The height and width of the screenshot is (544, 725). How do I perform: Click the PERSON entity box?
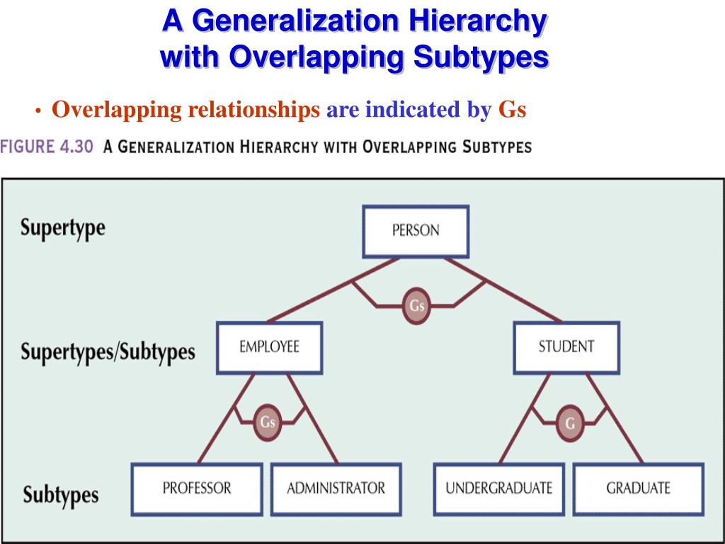(416, 231)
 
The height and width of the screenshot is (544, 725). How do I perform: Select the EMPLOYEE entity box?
(269, 347)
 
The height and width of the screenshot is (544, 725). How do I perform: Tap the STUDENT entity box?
(566, 347)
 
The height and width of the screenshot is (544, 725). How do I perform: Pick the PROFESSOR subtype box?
(197, 488)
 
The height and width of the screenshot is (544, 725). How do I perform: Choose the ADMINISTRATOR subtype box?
(336, 488)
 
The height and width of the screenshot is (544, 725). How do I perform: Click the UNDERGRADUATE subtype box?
(498, 488)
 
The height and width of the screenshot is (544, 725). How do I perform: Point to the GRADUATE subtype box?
(638, 488)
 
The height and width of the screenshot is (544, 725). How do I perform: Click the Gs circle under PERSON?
(416, 306)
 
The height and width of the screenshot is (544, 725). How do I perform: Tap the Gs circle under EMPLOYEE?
(267, 422)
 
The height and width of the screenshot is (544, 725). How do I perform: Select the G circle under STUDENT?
(569, 423)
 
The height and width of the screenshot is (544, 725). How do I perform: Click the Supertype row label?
(62, 228)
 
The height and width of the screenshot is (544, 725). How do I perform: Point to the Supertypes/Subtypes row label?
(108, 351)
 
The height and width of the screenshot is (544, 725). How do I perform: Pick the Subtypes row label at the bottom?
(61, 494)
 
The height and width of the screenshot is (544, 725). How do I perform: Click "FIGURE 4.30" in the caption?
(47, 147)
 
